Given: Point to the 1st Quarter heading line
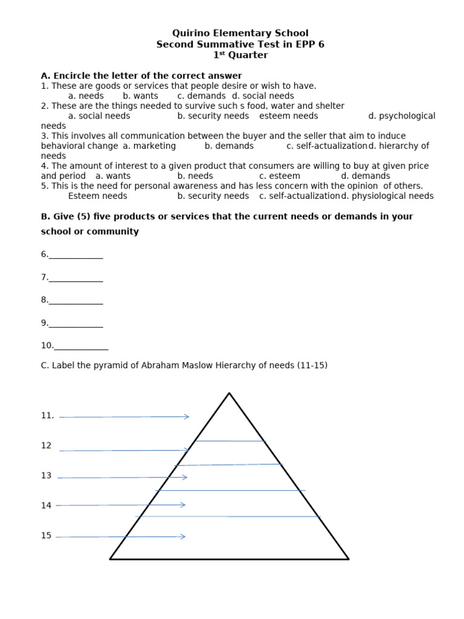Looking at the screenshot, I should coord(240,55).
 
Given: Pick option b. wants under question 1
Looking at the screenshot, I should coord(140,96).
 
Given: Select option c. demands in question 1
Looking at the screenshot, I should coord(202,96).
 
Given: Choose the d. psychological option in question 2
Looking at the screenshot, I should coord(402,115).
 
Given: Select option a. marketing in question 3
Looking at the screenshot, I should coord(149,146).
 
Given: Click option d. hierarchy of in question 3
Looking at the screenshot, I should coord(399,146).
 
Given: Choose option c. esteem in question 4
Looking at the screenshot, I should coord(280,176).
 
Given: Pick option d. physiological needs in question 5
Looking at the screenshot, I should coord(387,196).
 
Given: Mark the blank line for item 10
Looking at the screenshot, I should coord(81,347).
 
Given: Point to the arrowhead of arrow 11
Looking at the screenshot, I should coord(187,416).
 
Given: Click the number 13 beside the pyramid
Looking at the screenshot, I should coord(47,476).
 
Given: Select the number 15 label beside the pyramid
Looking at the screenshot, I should coord(47,536).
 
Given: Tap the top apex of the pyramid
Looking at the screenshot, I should coord(229,394).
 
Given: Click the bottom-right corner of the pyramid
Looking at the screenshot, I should coord(348,559).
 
